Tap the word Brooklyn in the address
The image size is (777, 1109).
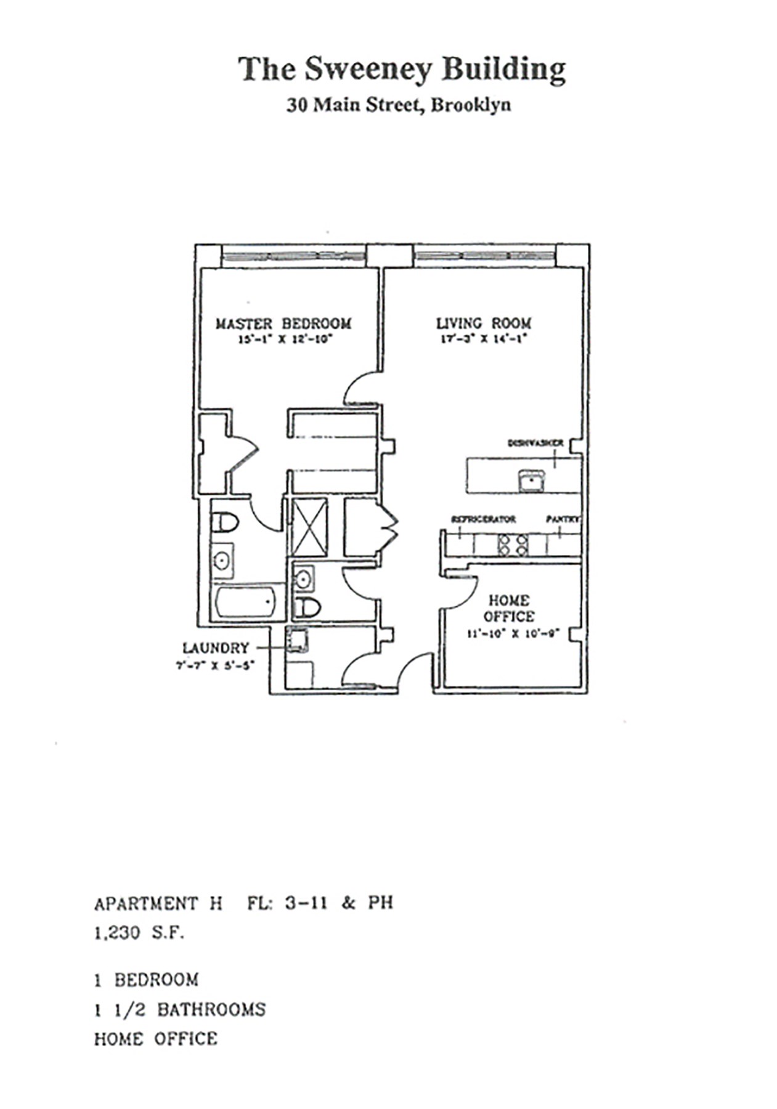click(470, 105)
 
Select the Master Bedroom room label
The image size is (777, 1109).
click(283, 323)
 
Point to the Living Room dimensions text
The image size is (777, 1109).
click(484, 338)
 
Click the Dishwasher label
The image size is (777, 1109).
click(535, 443)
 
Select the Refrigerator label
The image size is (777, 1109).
click(483, 519)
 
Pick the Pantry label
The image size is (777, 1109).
click(563, 519)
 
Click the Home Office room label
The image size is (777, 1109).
click(508, 608)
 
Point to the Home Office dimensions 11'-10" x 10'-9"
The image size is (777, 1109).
click(512, 633)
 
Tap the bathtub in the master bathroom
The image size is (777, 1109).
click(245, 603)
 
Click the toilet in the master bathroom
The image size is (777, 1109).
click(225, 523)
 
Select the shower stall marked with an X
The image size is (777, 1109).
click(309, 527)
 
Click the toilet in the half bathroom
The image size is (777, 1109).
click(307, 608)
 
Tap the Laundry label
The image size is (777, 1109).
click(216, 648)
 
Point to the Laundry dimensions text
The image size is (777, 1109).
click(215, 665)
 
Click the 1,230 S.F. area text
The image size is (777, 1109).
click(139, 933)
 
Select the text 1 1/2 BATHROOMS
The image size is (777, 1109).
click(180, 1010)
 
